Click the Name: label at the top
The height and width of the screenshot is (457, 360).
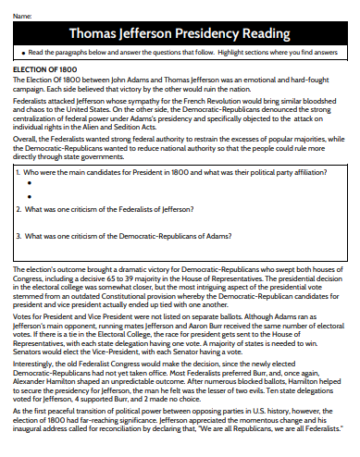tap(21, 18)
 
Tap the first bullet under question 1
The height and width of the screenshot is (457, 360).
tap(30, 183)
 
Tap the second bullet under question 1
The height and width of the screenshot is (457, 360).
tap(30, 196)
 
